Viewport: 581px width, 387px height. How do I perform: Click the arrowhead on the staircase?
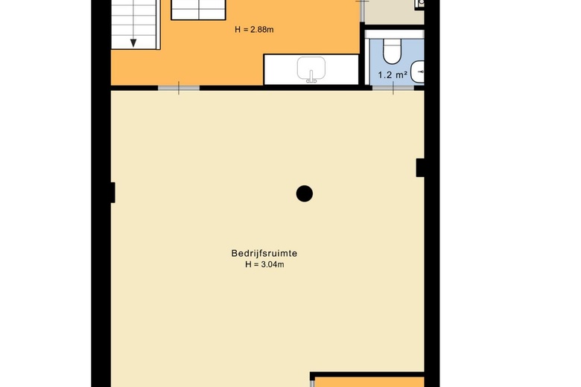(x=133, y=43)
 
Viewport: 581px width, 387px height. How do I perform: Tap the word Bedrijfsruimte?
(x=264, y=253)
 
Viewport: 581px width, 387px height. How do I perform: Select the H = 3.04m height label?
(x=264, y=264)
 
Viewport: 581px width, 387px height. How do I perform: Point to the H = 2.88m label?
(x=254, y=30)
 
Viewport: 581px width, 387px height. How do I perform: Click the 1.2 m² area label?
(x=393, y=75)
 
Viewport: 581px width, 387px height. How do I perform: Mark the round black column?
(x=305, y=193)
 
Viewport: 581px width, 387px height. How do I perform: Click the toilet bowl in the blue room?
(x=392, y=52)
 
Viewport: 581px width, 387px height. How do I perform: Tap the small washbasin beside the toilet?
(x=419, y=71)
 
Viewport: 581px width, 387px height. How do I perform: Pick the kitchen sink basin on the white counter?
(x=311, y=68)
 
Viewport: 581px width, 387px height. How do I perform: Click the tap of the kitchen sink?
(x=311, y=77)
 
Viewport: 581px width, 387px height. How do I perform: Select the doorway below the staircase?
(x=179, y=88)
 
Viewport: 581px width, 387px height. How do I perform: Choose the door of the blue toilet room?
(x=393, y=88)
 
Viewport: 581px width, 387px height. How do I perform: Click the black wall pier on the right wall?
(x=420, y=167)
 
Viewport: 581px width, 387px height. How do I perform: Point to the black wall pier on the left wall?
(x=113, y=193)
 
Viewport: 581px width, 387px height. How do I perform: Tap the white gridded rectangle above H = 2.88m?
(x=199, y=10)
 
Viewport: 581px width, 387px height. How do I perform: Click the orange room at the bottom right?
(x=369, y=383)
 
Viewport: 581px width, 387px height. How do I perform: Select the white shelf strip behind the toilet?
(x=395, y=35)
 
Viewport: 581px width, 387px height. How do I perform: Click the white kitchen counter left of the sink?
(x=280, y=69)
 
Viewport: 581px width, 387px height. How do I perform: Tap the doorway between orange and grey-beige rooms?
(x=363, y=11)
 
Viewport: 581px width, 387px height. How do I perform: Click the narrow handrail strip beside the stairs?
(x=159, y=25)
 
